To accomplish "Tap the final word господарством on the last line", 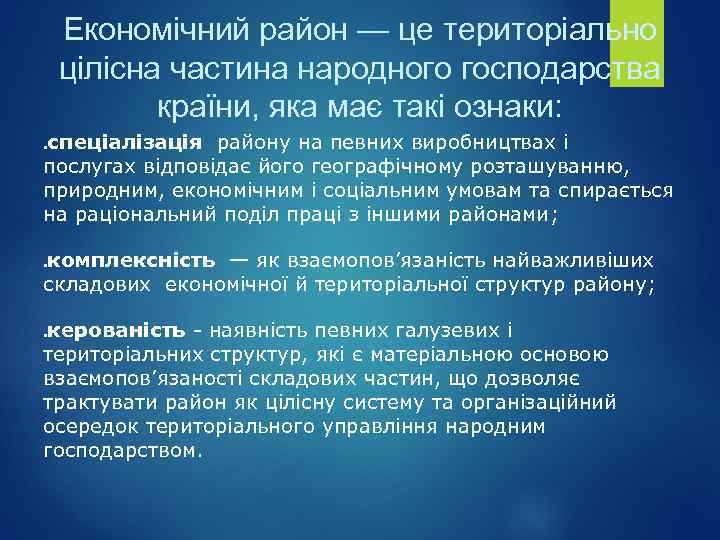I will click(123, 450).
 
